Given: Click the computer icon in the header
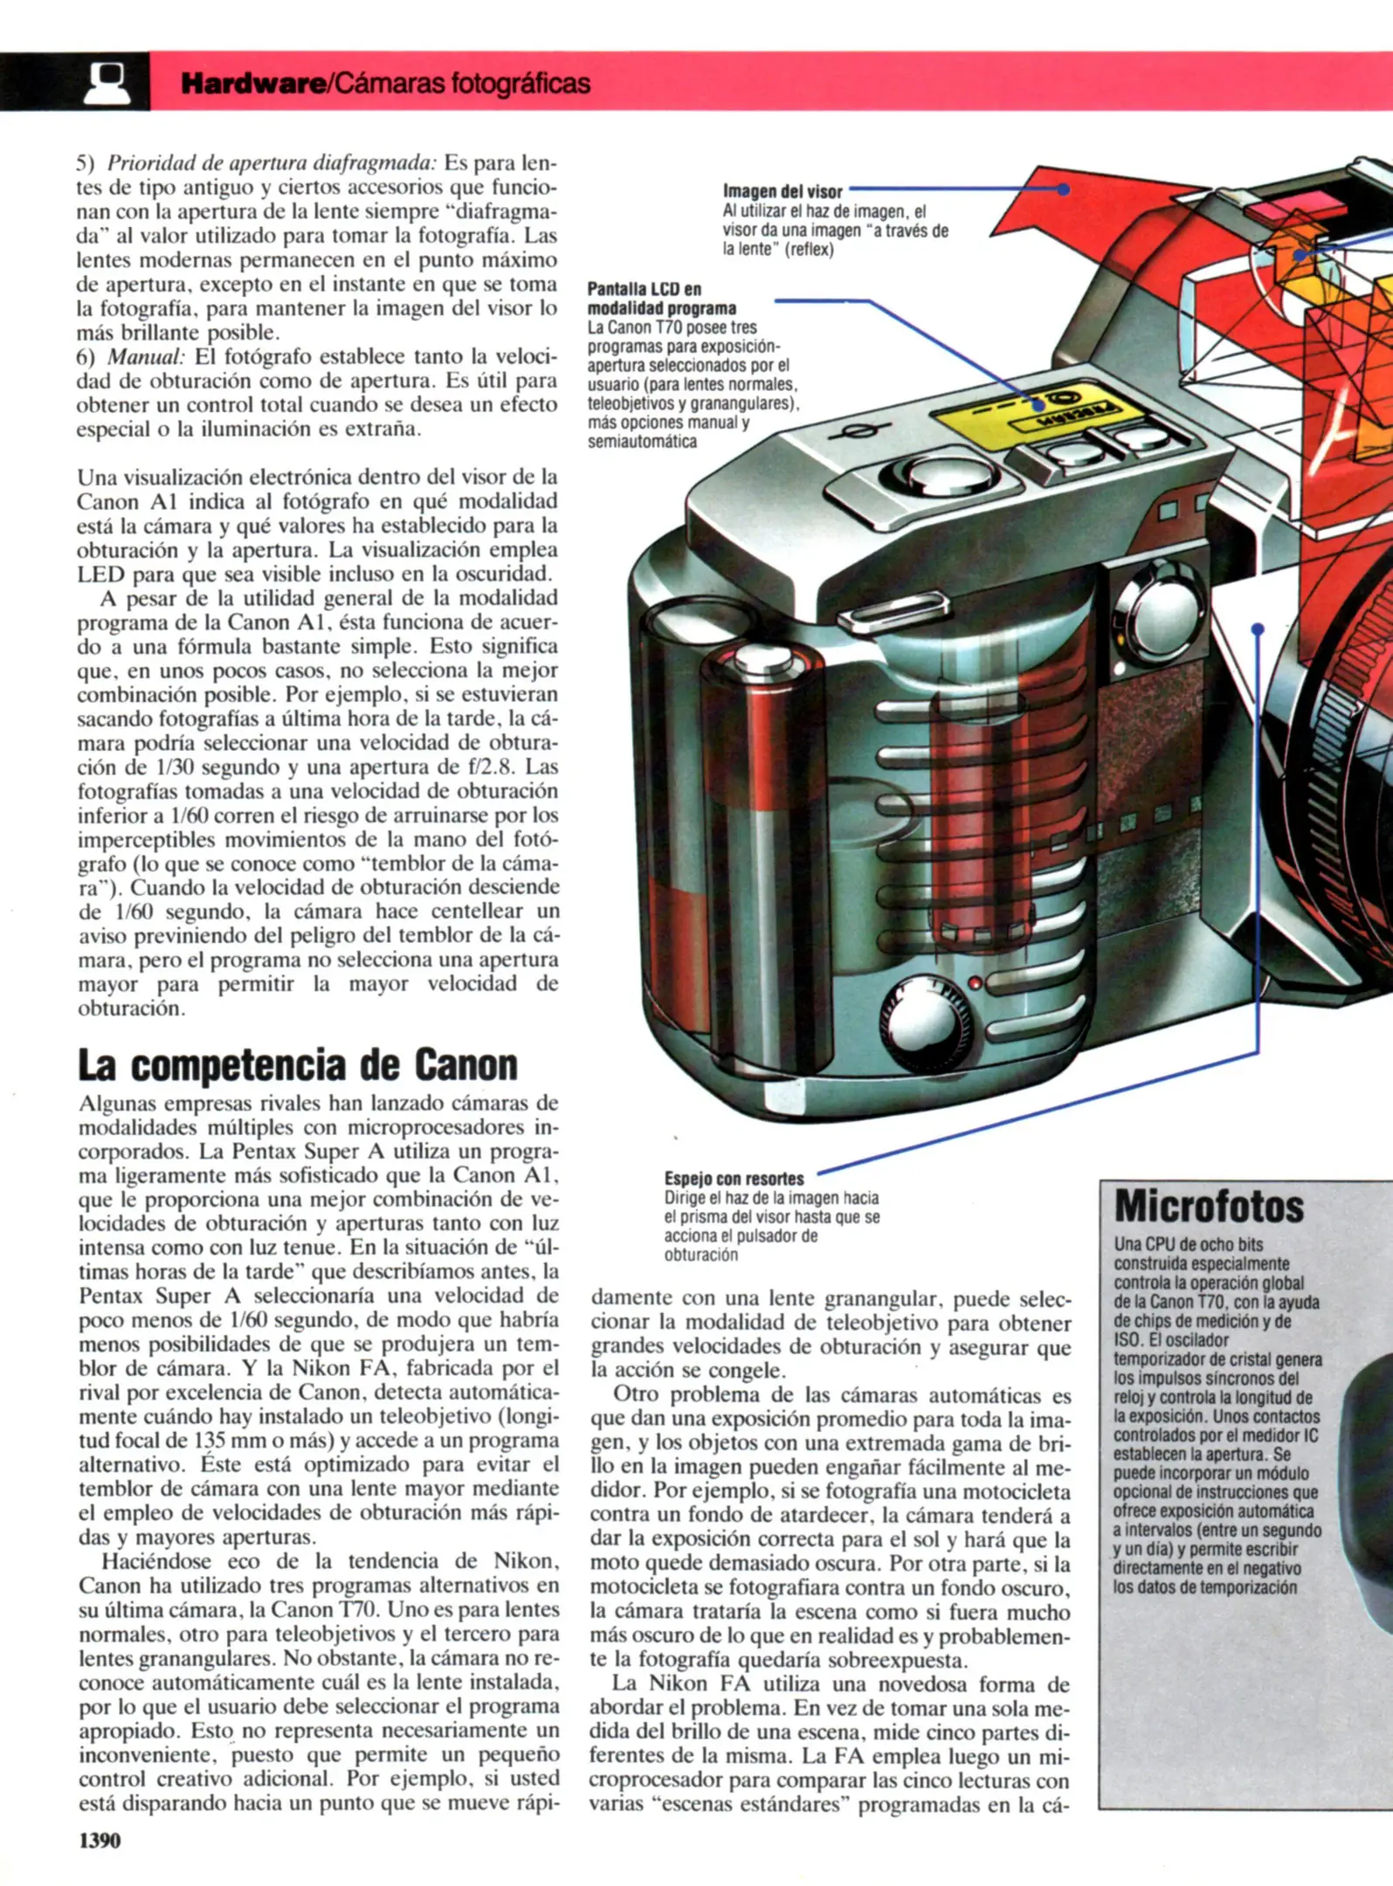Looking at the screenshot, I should pyautogui.click(x=107, y=82).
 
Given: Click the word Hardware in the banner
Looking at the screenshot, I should pyautogui.click(x=252, y=84).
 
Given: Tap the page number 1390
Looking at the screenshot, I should pyautogui.click(x=100, y=1840).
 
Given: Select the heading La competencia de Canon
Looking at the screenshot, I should pyautogui.click(x=298, y=1064).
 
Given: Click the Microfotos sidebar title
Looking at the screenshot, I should pyautogui.click(x=1209, y=1207).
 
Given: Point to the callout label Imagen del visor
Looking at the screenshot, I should pyautogui.click(x=783, y=191).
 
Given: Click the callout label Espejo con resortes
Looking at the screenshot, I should pyautogui.click(x=734, y=1178).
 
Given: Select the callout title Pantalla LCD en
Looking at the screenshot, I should pyautogui.click(x=644, y=289).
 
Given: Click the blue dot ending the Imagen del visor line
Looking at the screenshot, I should pyautogui.click(x=1063, y=189).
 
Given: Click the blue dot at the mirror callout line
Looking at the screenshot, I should pyautogui.click(x=1258, y=629).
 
